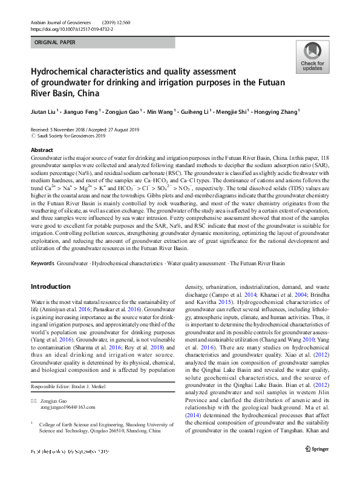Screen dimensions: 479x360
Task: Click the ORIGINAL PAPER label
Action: coord(55,42)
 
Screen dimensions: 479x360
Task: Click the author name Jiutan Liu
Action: coord(45,111)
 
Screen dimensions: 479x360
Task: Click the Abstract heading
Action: coord(41,150)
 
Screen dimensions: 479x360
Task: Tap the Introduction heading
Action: coord(50,286)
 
